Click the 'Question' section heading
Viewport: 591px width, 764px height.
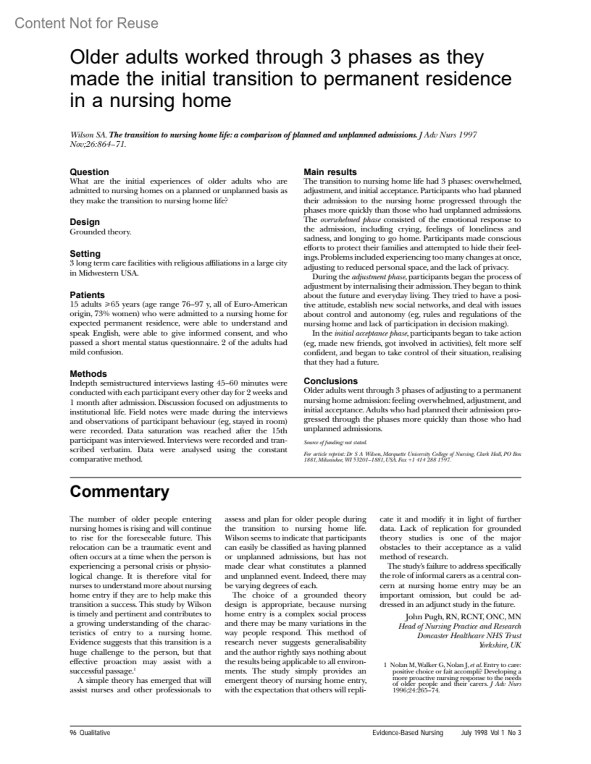click(x=89, y=172)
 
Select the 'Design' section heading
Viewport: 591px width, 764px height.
click(x=85, y=222)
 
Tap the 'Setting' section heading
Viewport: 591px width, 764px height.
click(x=85, y=254)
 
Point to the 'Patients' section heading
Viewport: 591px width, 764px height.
click(x=87, y=295)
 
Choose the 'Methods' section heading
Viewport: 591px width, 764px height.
click(x=88, y=374)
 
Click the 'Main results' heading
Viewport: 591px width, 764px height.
click(x=330, y=172)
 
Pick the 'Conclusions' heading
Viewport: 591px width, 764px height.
click(x=330, y=381)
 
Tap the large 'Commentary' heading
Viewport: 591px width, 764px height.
click(x=119, y=491)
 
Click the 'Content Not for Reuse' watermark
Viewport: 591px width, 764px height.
click(x=87, y=23)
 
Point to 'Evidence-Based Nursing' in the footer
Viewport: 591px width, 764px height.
click(x=408, y=733)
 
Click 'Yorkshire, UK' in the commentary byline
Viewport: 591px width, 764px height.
click(x=500, y=645)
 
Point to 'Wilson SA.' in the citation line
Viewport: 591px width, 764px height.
click(x=89, y=135)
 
